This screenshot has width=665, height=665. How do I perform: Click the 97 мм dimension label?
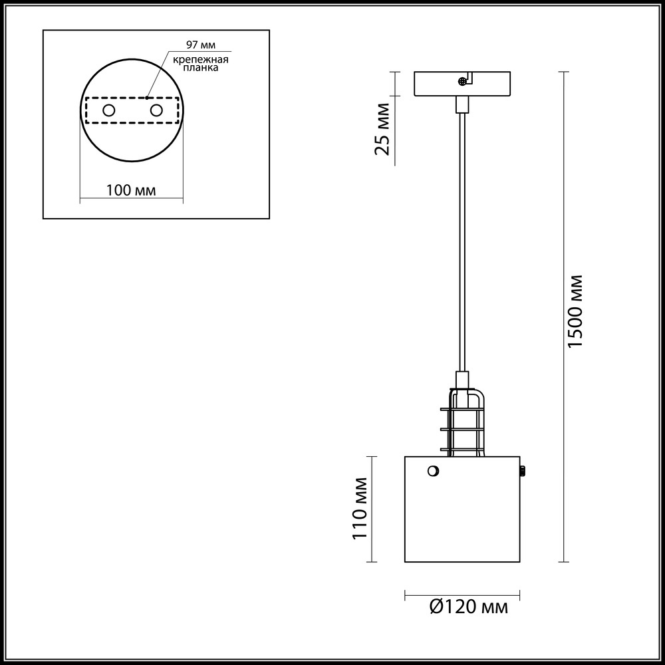click(201, 45)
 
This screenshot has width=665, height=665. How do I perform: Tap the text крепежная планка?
click(201, 63)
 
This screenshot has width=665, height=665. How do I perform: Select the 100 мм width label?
click(131, 190)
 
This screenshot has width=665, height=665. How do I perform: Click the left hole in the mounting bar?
click(109, 110)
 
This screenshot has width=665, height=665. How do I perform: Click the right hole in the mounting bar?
click(156, 110)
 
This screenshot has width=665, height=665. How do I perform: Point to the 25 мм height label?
click(382, 129)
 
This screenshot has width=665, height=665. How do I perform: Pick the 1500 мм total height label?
click(575, 311)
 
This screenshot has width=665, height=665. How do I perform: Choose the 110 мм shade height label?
click(360, 509)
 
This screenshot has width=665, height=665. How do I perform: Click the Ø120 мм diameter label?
click(468, 607)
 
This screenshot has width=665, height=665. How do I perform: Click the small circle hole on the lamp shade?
click(433, 471)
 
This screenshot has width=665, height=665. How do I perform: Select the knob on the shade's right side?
click(523, 470)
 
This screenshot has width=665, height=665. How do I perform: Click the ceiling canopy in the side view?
click(462, 84)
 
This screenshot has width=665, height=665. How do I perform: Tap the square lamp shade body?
click(462, 509)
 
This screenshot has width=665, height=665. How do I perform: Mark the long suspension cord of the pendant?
click(462, 242)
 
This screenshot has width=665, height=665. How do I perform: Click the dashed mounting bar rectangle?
click(132, 110)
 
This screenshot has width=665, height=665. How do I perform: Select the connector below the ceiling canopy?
click(462, 105)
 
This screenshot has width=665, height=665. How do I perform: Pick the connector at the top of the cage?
click(462, 380)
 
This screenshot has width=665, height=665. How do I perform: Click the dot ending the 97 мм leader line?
click(146, 98)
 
